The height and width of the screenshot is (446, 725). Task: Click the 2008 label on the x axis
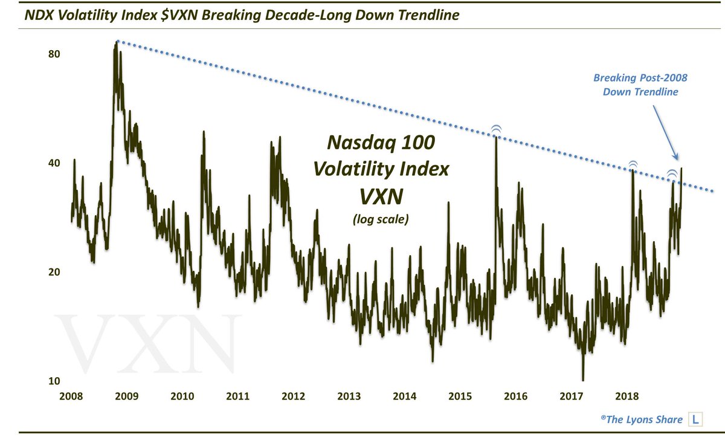click(71, 397)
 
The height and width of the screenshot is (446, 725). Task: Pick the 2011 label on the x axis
click(238, 397)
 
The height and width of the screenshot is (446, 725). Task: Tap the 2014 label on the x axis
click(404, 397)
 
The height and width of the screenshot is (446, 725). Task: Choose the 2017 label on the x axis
click(572, 397)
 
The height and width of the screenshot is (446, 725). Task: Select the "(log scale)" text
click(381, 219)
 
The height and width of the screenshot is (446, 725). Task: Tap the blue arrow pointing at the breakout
click(666, 130)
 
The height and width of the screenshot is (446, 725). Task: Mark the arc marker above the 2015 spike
click(496, 129)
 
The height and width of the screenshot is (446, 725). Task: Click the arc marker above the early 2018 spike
click(633, 164)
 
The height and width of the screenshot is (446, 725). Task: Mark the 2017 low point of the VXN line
click(583, 379)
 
